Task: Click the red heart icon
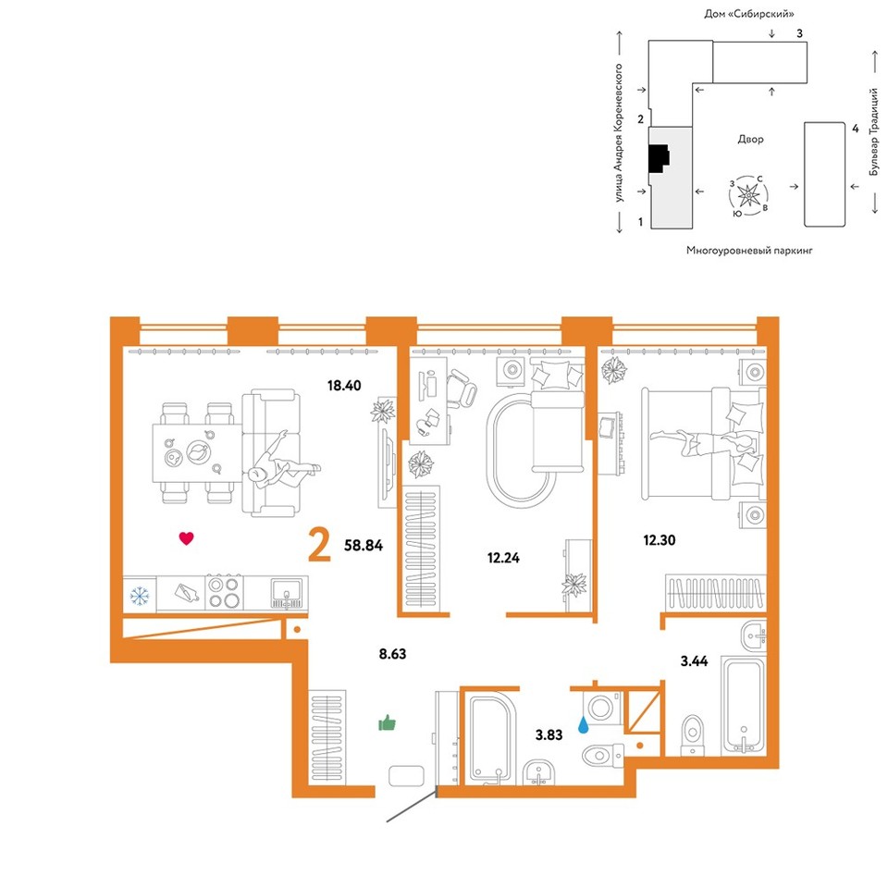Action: click(186, 538)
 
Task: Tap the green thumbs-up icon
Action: click(388, 723)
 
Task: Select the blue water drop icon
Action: click(583, 724)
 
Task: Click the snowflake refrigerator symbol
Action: click(140, 596)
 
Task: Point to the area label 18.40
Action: click(344, 386)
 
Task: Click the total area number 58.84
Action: click(364, 546)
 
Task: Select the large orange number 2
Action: click(319, 544)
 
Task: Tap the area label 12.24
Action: click(503, 558)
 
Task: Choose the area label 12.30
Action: click(660, 540)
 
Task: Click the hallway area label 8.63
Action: click(392, 654)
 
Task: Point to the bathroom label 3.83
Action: click(549, 735)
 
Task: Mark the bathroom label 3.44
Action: click(694, 660)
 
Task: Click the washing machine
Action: click(602, 708)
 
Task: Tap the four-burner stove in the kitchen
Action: click(223, 592)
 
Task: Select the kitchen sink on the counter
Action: click(287, 592)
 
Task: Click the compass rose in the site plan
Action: click(748, 195)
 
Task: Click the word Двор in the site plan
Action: click(750, 140)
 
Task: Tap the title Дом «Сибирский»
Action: click(748, 14)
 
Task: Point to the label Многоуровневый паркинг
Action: click(749, 250)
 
